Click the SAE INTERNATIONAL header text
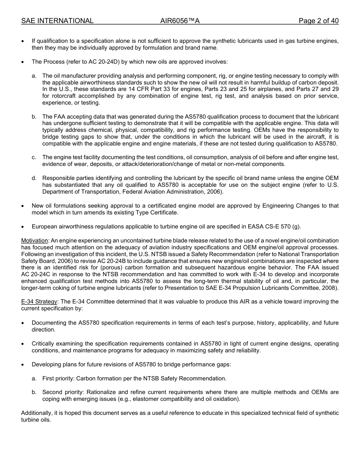(x=57, y=21)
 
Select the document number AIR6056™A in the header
(x=180, y=21)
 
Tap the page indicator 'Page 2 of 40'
(x=318, y=21)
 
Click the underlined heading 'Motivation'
(x=34, y=241)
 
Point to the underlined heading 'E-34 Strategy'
(x=39, y=302)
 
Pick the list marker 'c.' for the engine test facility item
(x=34, y=157)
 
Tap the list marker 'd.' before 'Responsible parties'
(x=34, y=178)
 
